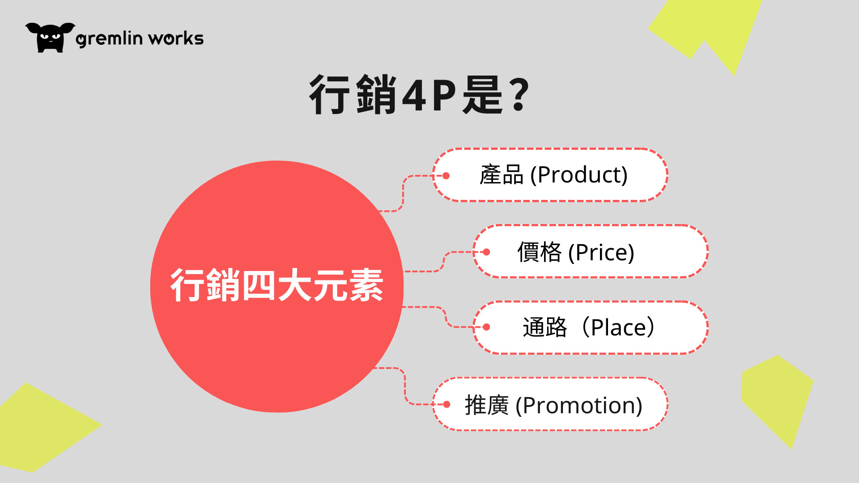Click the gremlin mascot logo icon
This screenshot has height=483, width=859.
click(50, 38)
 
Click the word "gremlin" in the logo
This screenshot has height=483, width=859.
click(109, 39)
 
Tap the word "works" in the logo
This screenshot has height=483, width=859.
click(176, 38)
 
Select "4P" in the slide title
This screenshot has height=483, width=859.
click(429, 95)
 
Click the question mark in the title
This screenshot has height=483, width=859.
click(519, 94)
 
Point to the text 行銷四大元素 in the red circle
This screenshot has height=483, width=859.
click(276, 285)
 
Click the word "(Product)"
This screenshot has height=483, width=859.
click(579, 174)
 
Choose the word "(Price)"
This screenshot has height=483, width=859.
click(601, 252)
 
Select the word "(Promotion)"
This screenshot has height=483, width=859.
click(579, 405)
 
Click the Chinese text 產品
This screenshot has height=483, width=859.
click(502, 174)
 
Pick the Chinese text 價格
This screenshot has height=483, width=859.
click(540, 252)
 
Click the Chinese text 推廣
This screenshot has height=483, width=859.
click(487, 405)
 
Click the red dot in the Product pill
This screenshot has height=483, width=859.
click(446, 176)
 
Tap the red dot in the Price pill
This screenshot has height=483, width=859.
click(486, 252)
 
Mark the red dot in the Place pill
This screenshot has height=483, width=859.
click(486, 327)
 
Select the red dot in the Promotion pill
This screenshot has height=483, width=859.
click(446, 405)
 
